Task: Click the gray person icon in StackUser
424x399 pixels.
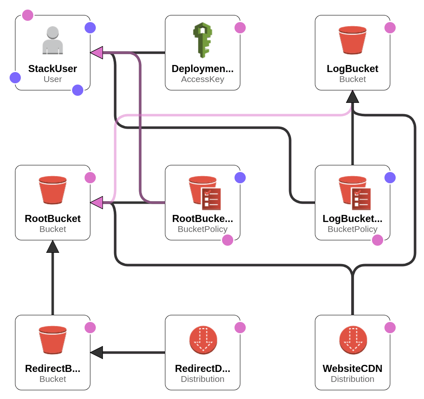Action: pos(52,40)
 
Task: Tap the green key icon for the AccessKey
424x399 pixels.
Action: pos(202,40)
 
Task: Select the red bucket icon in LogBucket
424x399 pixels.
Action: pos(352,40)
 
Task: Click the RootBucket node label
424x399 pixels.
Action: pos(52,219)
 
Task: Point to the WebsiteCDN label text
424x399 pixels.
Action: pos(352,369)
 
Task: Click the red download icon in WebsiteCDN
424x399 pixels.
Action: pos(353,340)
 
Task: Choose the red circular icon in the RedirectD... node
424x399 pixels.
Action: pos(203,340)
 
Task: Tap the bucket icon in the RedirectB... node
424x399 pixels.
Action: pos(52,340)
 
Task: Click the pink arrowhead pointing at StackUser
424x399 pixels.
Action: pos(97,53)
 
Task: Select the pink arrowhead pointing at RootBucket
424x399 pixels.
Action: pos(97,203)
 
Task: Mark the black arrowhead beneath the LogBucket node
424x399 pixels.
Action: pos(352,97)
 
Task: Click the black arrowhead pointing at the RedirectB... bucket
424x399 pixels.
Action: pos(97,352)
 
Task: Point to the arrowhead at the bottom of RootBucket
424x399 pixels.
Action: pos(52,247)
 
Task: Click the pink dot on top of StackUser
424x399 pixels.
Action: pos(28,15)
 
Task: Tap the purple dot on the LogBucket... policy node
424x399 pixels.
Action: pos(390,178)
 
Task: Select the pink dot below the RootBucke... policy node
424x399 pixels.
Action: pos(227,240)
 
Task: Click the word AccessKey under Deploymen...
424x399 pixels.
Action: pos(202,79)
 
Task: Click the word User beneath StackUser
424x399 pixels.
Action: pos(52,79)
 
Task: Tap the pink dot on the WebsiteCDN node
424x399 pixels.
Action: pos(390,328)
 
